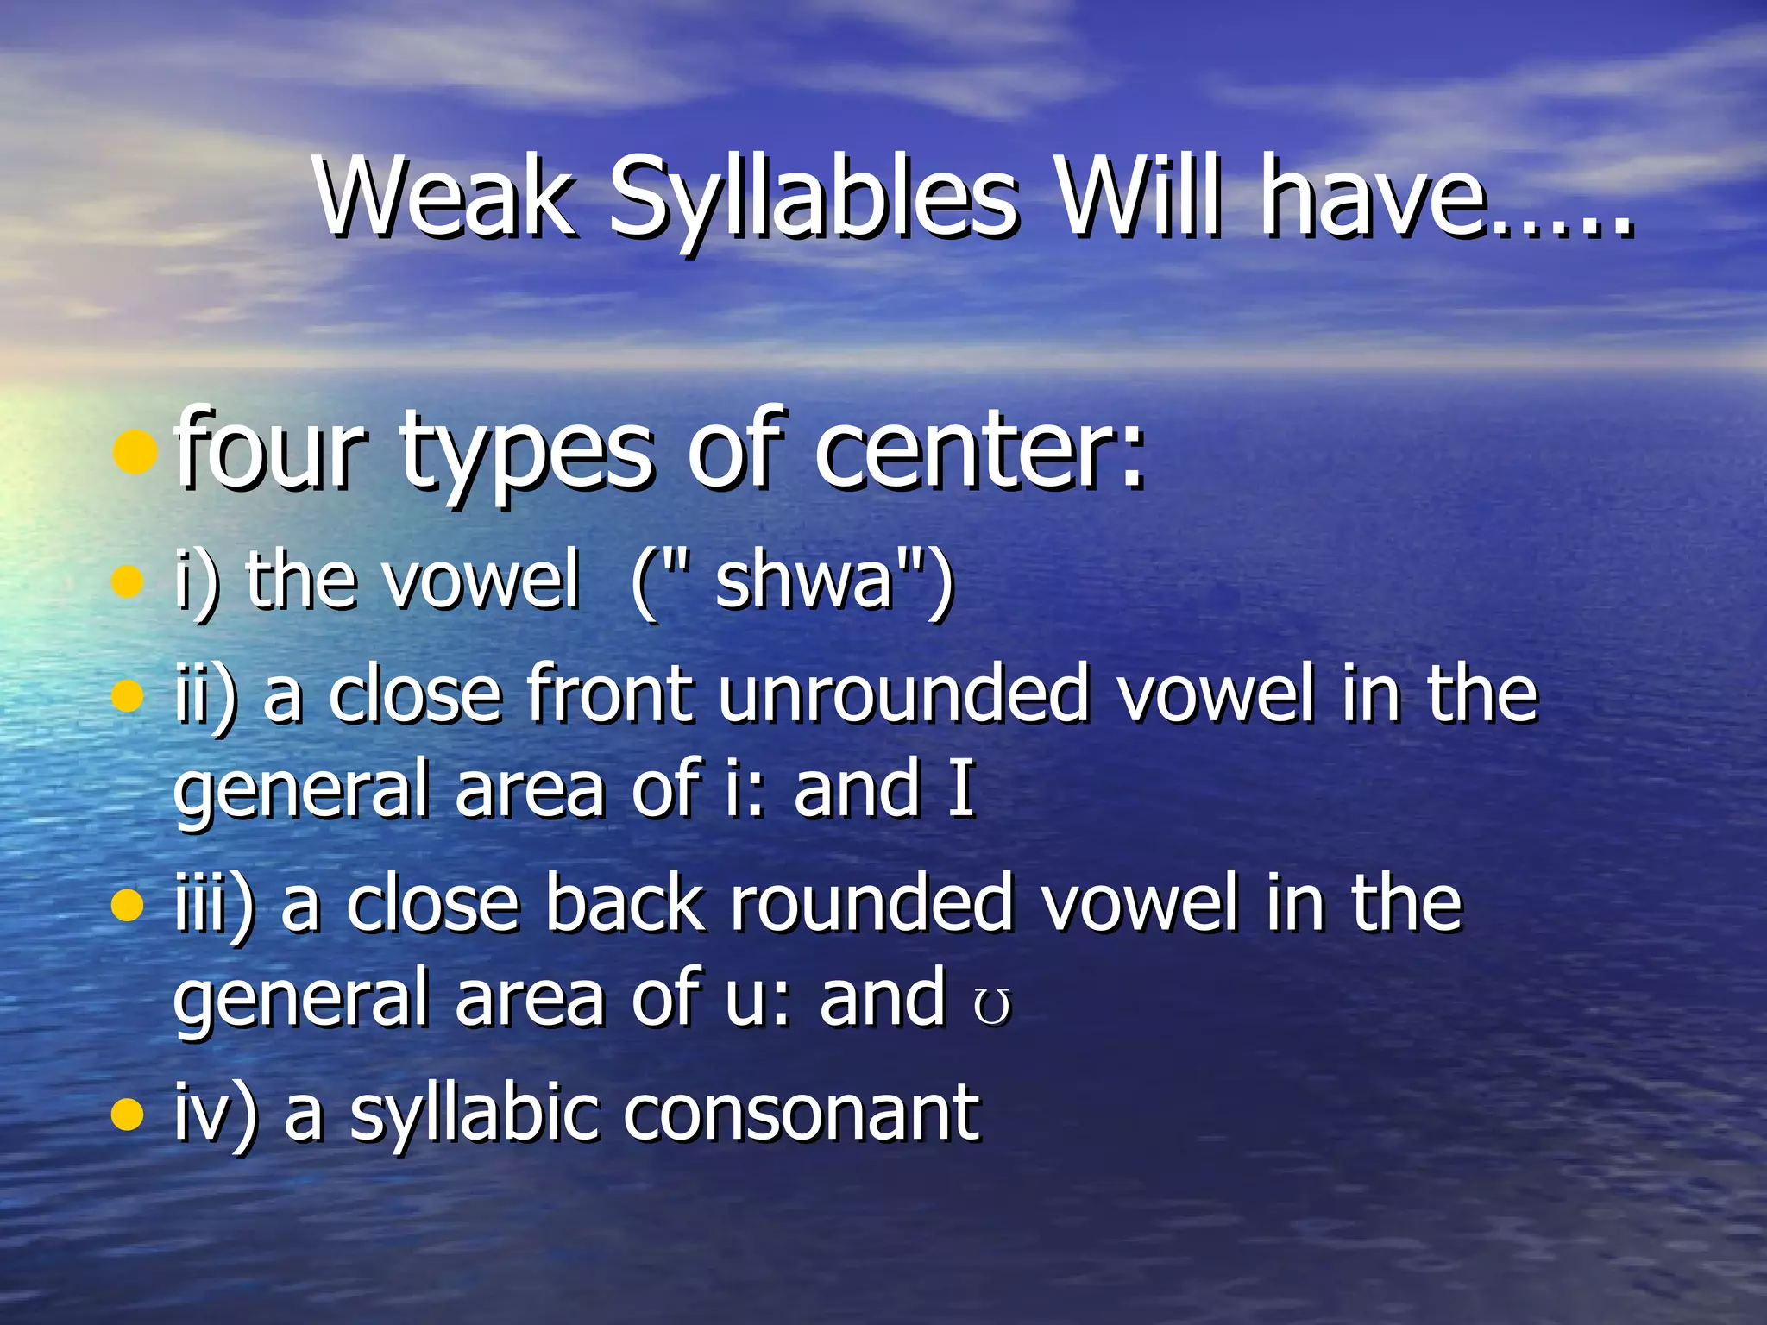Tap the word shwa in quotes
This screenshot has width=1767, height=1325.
(x=803, y=580)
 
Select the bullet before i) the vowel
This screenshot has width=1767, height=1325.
(x=127, y=581)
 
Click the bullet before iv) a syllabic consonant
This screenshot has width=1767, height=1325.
(x=127, y=1114)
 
